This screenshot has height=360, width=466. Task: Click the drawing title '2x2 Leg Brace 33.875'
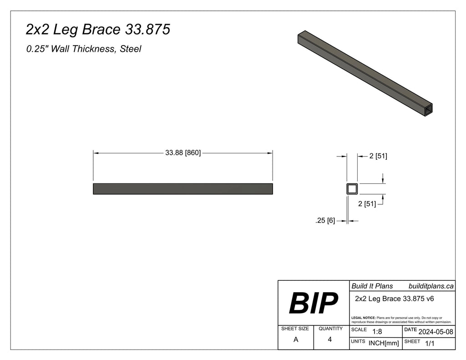(98, 30)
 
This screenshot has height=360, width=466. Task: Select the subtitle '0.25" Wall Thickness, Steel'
(84, 49)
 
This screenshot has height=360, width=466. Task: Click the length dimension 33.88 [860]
(182, 153)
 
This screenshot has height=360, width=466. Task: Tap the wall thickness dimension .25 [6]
(325, 221)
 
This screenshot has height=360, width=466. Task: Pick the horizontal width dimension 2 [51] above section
(378, 156)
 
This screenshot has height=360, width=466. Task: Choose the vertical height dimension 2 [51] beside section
(367, 204)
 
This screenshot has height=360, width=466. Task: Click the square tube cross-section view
(352, 188)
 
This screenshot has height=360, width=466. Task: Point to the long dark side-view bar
(182, 188)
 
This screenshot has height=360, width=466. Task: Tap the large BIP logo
(314, 303)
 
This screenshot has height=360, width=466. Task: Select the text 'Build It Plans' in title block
(372, 286)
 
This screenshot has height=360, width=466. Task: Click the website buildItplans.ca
(431, 286)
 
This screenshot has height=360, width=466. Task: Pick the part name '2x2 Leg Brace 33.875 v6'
(394, 299)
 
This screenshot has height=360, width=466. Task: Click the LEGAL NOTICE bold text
(363, 317)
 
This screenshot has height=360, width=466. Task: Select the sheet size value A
(296, 339)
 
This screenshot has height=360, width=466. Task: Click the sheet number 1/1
(429, 344)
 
